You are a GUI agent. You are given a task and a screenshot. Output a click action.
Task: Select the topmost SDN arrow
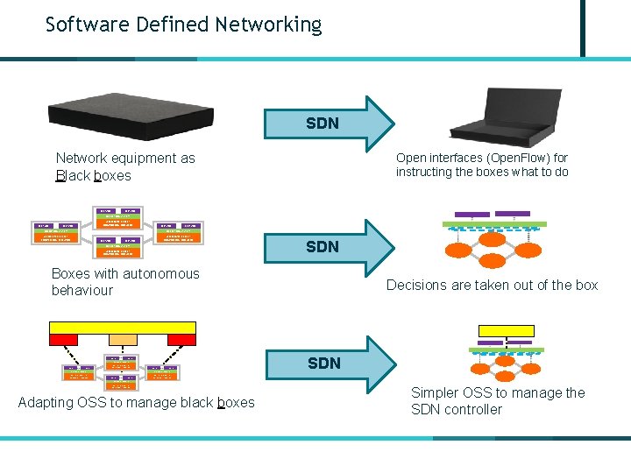(334, 123)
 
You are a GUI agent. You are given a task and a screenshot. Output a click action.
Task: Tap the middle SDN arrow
(334, 246)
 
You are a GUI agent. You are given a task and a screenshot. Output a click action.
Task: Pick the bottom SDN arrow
(334, 362)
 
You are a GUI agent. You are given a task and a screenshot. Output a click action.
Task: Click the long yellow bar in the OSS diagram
(123, 327)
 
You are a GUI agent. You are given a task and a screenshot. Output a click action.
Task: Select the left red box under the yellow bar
(64, 340)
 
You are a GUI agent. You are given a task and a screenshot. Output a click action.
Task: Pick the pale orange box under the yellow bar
(123, 340)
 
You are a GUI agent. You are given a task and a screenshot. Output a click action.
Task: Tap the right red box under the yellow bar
(181, 340)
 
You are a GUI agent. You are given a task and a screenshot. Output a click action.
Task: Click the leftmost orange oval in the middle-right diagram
(459, 250)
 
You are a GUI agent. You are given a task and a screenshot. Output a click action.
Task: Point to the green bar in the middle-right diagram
(496, 224)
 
